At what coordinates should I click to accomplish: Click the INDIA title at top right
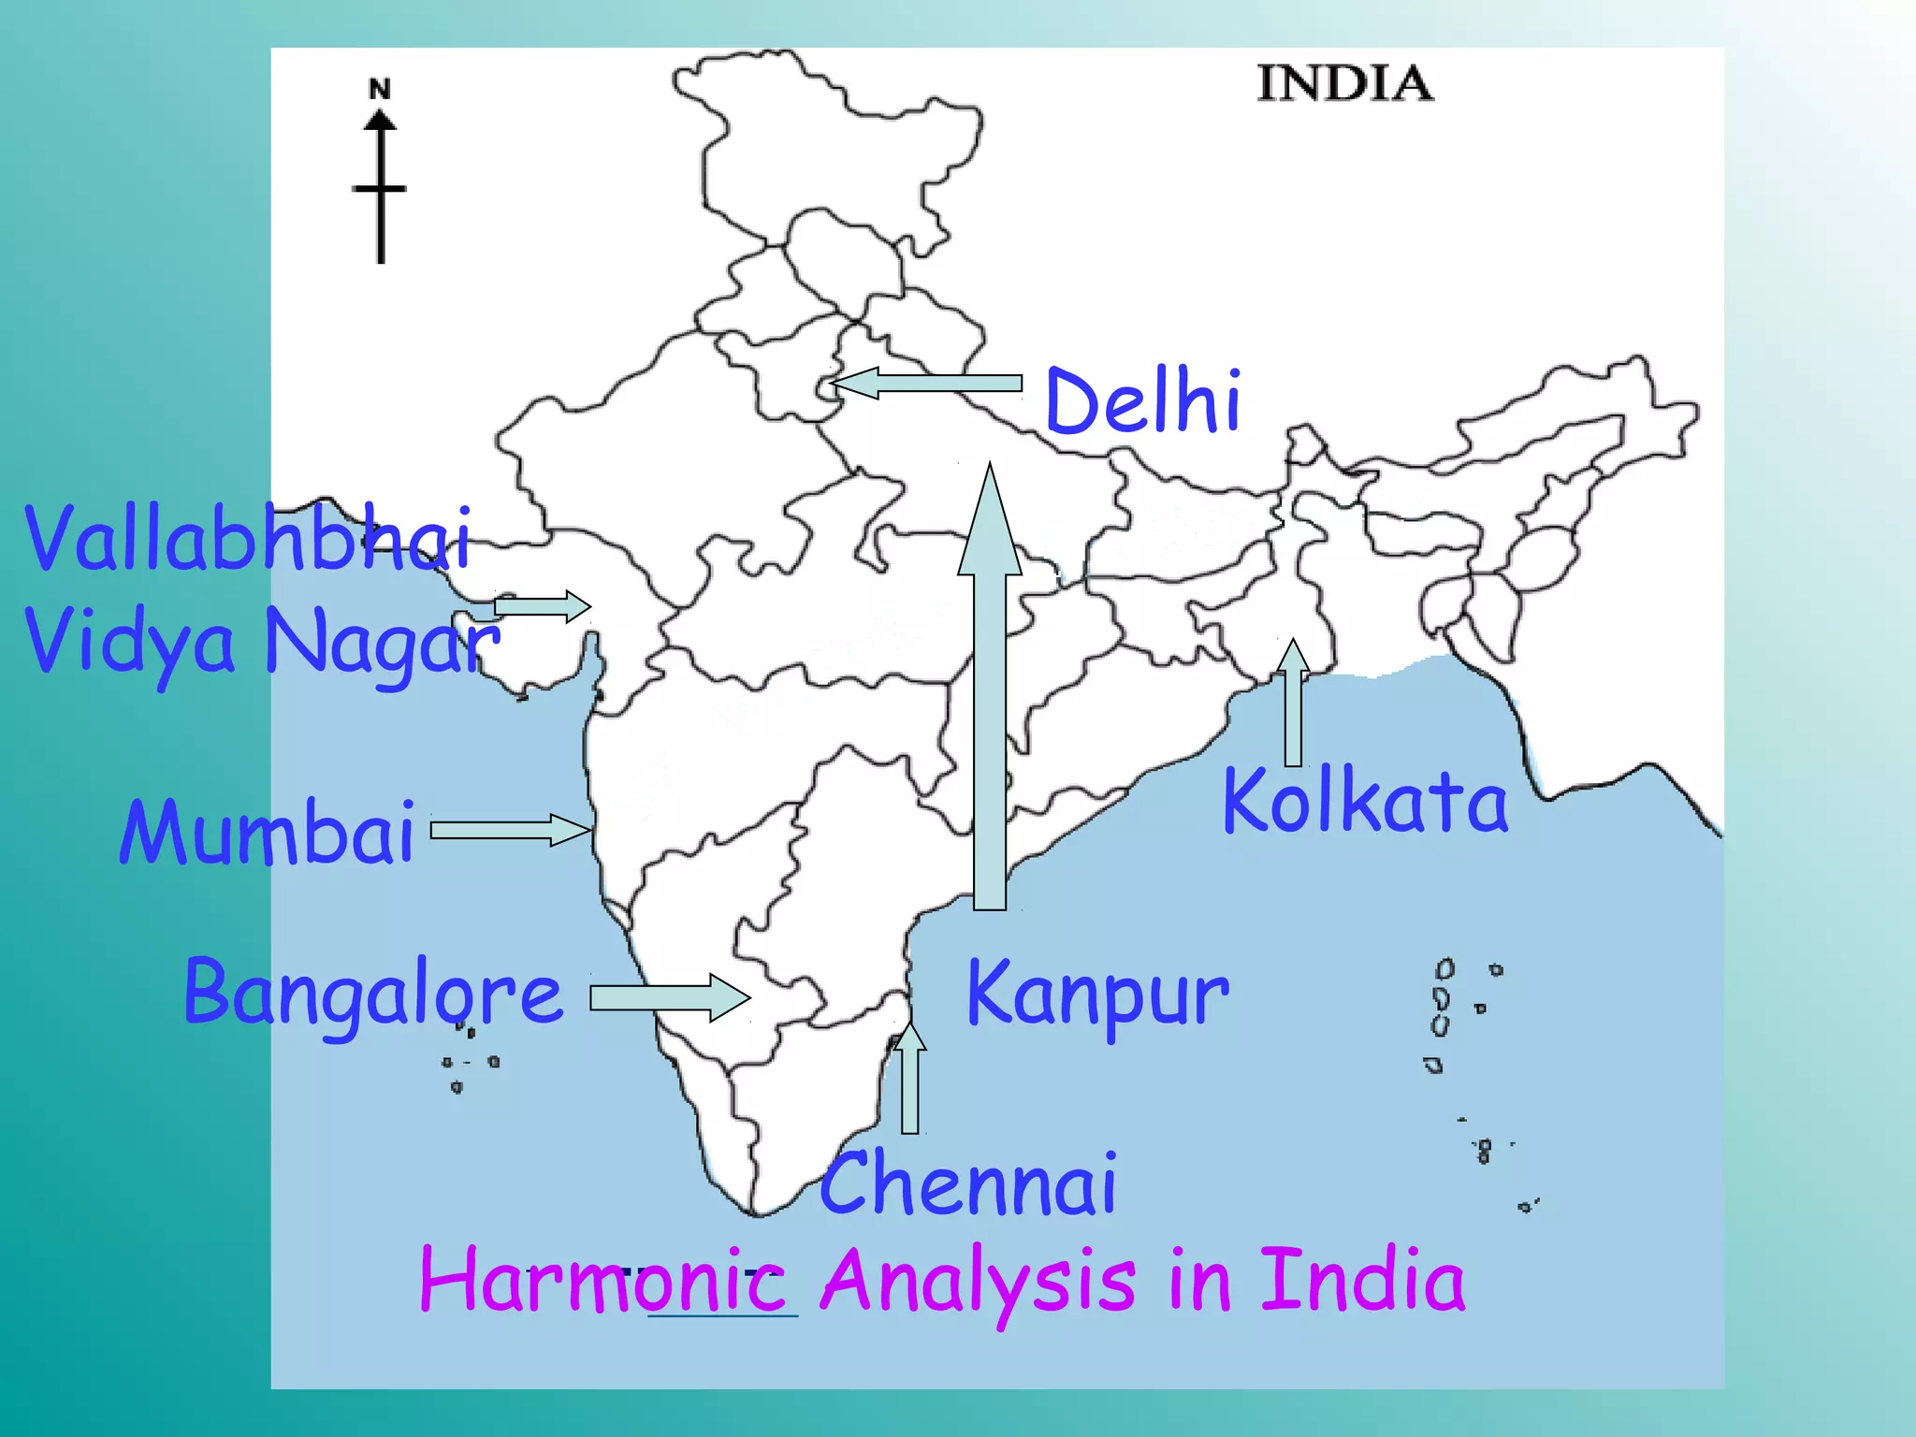(1344, 84)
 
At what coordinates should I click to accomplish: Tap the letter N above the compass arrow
(379, 90)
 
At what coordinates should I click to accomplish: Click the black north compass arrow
(380, 187)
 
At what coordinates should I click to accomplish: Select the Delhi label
(1143, 401)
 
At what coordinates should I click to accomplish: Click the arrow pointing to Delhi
(925, 384)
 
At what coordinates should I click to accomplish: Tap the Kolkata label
(1365, 801)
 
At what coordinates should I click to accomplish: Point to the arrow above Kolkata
(1293, 702)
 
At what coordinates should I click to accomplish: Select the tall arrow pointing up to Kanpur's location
(990, 692)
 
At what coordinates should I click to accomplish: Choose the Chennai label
(968, 1184)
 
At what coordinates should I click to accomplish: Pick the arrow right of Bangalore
(669, 997)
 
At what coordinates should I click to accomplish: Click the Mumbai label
(268, 833)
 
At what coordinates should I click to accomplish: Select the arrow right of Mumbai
(510, 830)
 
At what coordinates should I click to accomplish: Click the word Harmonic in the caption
(603, 1281)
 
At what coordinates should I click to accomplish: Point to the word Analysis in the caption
(979, 1281)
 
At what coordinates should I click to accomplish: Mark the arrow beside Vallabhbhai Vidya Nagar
(543, 606)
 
